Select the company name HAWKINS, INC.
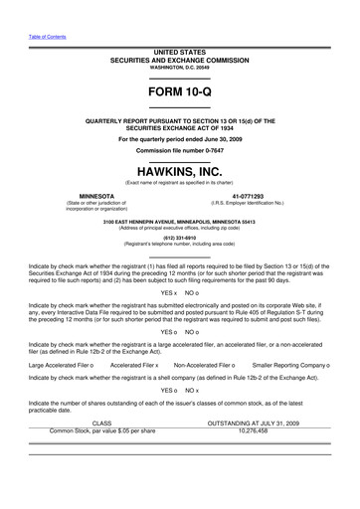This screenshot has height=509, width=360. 179,170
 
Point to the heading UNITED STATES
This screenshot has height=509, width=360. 179,49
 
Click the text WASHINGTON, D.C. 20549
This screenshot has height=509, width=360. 179,66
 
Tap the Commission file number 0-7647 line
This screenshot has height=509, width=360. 179,149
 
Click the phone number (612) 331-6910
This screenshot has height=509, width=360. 179,237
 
